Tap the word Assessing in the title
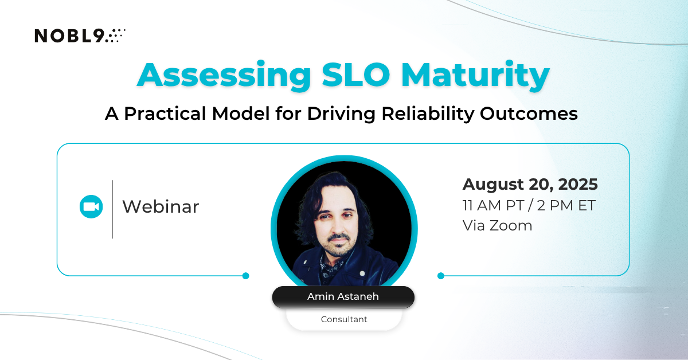pyautogui.click(x=224, y=76)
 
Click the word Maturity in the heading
pyautogui.click(x=475, y=76)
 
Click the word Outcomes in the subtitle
pyautogui.click(x=529, y=114)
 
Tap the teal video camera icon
pyautogui.click(x=91, y=207)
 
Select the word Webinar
pyautogui.click(x=161, y=206)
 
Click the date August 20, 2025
pyautogui.click(x=530, y=185)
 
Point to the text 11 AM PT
pyautogui.click(x=493, y=205)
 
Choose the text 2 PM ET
pyautogui.click(x=566, y=205)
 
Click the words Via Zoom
pyautogui.click(x=497, y=226)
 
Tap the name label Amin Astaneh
pyautogui.click(x=343, y=296)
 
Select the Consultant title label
pyautogui.click(x=344, y=319)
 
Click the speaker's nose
pyautogui.click(x=337, y=226)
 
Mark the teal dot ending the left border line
pyautogui.click(x=246, y=276)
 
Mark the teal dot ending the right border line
pyautogui.click(x=441, y=276)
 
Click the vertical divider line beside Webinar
pyautogui.click(x=112, y=209)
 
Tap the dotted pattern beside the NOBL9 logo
pyautogui.click(x=115, y=36)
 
